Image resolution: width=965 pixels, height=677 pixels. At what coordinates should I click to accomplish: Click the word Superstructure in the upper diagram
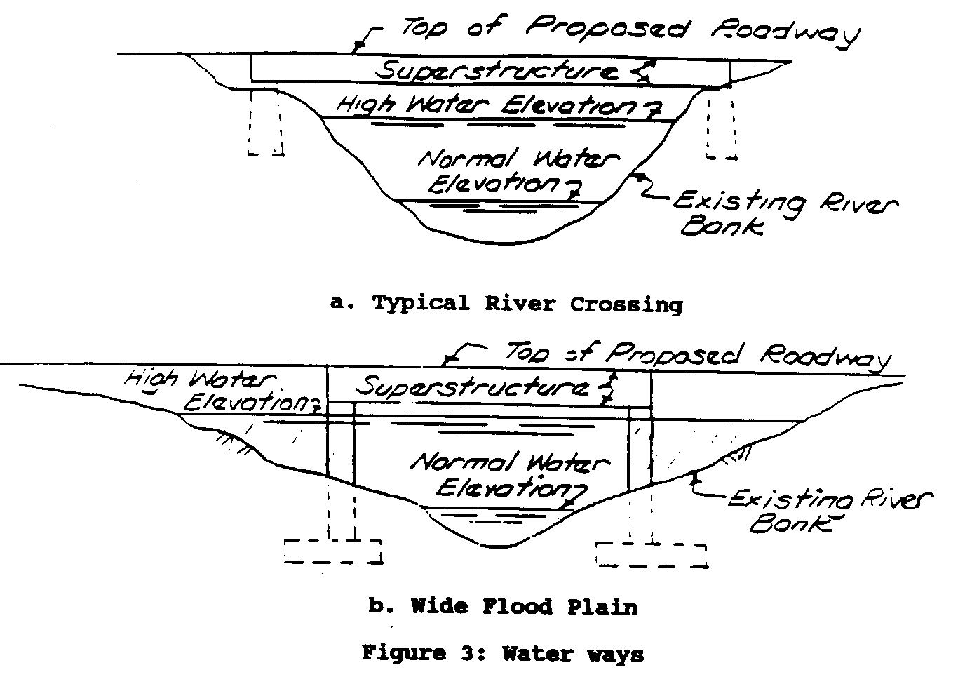tap(497, 70)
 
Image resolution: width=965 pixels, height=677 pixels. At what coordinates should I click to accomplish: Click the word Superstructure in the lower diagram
tap(472, 387)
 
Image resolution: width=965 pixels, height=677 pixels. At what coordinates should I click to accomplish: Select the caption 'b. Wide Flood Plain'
tap(503, 605)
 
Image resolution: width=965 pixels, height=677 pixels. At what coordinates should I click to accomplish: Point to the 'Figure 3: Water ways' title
tap(502, 654)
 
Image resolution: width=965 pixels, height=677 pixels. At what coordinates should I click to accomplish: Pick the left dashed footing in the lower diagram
tap(332, 551)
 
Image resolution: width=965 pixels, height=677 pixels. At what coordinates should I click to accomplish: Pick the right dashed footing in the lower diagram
tap(651, 554)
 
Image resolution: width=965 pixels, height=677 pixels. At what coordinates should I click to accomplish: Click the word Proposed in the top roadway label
tap(607, 28)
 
